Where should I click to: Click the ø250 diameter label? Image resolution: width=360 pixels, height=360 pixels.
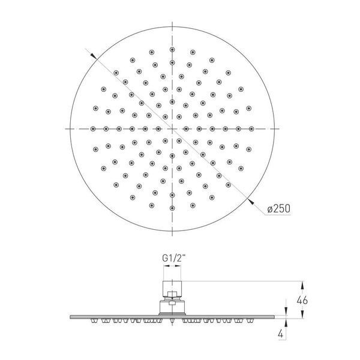tap(279, 208)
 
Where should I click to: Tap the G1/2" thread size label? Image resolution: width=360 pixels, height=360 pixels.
tap(173, 258)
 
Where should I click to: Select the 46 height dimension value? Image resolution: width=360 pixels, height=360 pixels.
tap(302, 300)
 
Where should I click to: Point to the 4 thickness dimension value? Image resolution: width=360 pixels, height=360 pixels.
tap(281, 334)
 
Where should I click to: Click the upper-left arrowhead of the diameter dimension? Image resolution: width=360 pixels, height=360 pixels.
tap(94, 56)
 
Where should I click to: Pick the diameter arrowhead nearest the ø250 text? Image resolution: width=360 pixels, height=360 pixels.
tap(251, 201)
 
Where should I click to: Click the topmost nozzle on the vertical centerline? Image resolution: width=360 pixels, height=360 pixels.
tap(172, 49)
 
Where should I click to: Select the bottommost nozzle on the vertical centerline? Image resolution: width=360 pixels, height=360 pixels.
tap(172, 208)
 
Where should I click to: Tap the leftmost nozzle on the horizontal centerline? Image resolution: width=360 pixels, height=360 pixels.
tap(93, 129)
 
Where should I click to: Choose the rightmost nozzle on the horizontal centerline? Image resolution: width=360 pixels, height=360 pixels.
tap(251, 129)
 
